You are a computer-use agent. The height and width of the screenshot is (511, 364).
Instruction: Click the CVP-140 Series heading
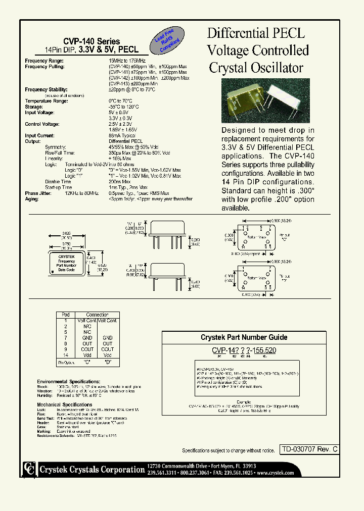click(x=92, y=41)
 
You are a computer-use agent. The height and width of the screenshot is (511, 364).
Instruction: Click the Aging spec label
click(x=32, y=199)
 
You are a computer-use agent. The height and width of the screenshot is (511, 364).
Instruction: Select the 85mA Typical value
click(x=122, y=136)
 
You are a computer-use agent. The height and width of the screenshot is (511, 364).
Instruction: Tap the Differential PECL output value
click(x=125, y=141)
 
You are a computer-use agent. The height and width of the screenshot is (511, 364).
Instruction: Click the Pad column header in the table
click(x=66, y=315)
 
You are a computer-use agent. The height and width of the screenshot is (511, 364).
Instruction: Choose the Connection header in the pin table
click(x=97, y=315)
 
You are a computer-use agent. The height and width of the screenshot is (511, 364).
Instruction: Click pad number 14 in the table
click(x=66, y=355)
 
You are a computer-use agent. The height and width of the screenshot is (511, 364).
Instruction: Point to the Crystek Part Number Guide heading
click(x=244, y=337)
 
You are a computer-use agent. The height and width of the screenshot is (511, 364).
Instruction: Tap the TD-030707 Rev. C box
click(x=309, y=449)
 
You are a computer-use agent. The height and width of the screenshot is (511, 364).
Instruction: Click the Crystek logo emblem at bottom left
click(x=30, y=469)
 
